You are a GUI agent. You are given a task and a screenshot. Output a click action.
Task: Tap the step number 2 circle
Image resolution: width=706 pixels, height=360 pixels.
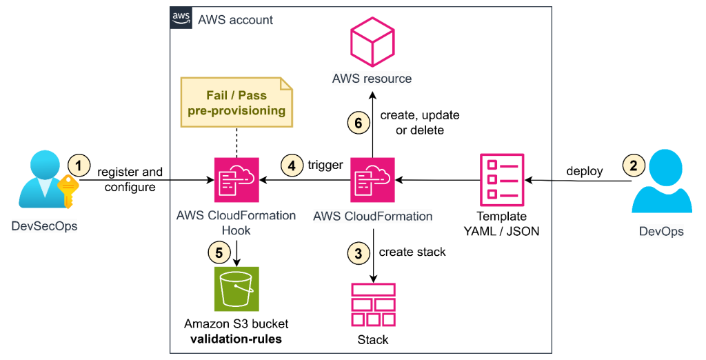(x=634, y=166)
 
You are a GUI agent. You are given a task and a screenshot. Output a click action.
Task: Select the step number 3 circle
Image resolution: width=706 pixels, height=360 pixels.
(x=357, y=253)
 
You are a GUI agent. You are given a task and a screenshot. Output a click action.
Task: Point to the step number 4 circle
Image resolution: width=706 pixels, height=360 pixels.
(x=292, y=166)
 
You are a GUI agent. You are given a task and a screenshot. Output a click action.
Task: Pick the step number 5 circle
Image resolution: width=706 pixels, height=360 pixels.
(x=219, y=253)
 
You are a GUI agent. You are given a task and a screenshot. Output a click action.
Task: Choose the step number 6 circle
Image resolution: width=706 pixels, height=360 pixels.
(x=357, y=122)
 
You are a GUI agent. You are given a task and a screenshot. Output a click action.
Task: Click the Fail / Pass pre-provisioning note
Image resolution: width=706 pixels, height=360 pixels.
(x=236, y=102)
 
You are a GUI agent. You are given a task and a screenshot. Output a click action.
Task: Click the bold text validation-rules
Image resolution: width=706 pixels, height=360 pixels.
(x=236, y=339)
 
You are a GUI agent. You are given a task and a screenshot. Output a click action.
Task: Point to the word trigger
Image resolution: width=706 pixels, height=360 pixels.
(x=325, y=166)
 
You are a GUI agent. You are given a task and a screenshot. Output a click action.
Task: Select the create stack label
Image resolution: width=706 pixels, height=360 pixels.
(x=412, y=252)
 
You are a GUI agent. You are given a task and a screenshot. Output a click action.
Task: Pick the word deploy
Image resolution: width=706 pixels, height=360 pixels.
(x=585, y=170)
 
